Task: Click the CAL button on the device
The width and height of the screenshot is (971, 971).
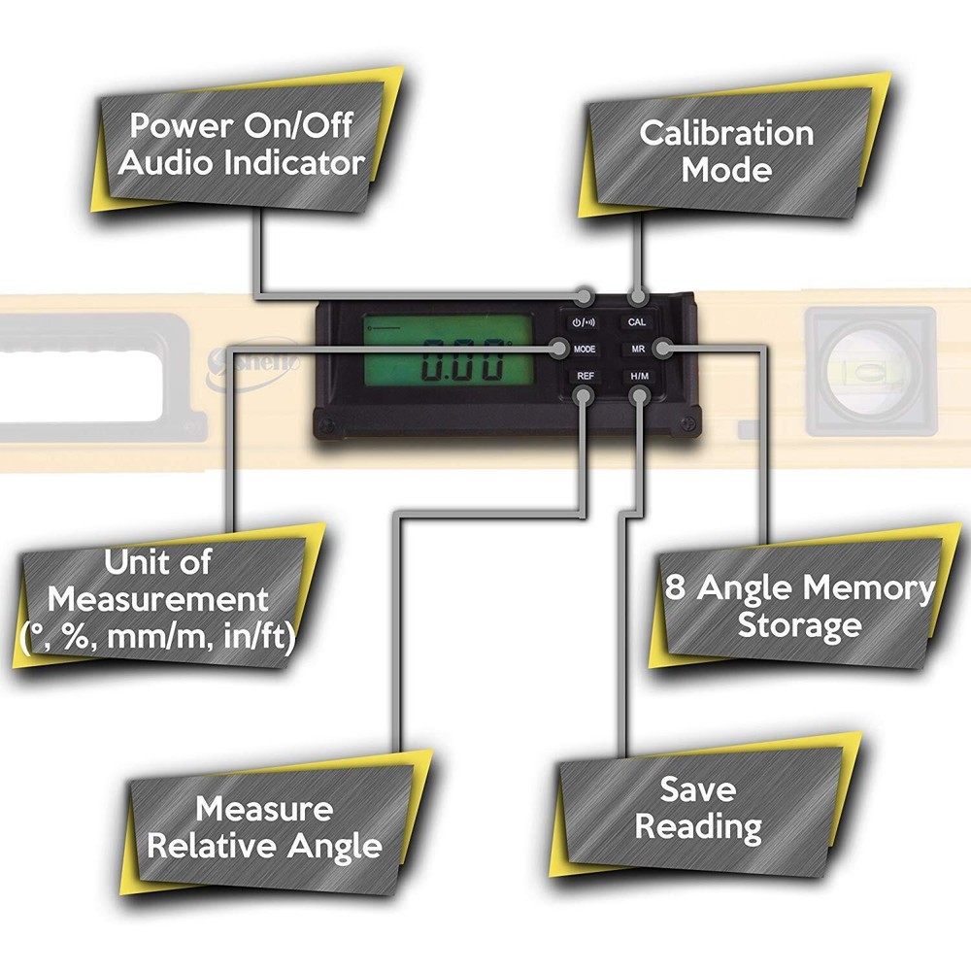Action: click(x=637, y=321)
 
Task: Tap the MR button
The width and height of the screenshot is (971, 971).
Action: click(x=636, y=349)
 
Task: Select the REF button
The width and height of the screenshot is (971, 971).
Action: click(x=585, y=375)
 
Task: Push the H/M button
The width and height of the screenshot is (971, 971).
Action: click(x=637, y=375)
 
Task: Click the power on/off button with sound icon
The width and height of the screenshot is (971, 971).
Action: click(x=585, y=321)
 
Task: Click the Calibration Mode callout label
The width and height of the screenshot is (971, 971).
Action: click(x=726, y=151)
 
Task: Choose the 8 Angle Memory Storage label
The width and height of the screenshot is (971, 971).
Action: click(x=800, y=606)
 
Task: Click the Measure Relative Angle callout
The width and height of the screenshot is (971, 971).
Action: click(x=264, y=826)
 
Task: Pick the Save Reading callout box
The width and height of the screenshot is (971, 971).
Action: click(x=697, y=808)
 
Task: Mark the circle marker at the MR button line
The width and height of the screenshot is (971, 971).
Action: click(x=662, y=348)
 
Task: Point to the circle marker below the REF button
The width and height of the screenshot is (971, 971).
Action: click(x=584, y=395)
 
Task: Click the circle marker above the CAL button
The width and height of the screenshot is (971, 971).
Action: click(x=638, y=296)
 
